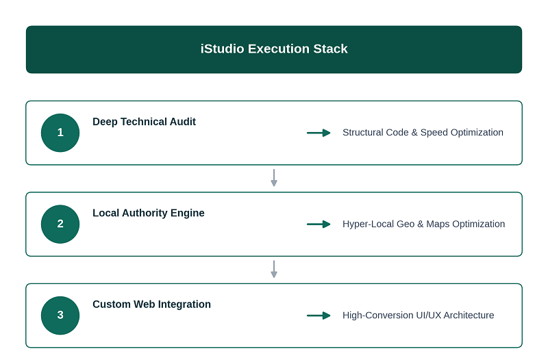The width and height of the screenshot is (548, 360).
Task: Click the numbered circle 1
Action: coord(60,133)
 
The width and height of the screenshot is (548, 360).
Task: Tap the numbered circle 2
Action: coord(60,224)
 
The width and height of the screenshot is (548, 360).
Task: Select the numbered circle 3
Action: coord(60,316)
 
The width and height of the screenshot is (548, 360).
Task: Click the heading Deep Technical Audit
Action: coord(144,122)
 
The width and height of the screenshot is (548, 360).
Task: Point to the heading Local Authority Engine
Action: coord(149,213)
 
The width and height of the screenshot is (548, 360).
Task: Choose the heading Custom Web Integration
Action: coord(151,304)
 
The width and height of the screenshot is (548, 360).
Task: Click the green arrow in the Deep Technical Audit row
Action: coord(319,133)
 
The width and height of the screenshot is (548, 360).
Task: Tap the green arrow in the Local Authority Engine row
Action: coord(319,224)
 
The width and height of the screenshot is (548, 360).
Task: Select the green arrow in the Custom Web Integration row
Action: coord(319,316)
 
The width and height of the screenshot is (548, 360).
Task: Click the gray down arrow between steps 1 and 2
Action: coord(274,178)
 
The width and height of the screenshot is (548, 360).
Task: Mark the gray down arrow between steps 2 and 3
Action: coord(274,269)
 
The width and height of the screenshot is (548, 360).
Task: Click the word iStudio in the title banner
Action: coord(222,49)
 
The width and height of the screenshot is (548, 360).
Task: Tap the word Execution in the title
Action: coord(279,49)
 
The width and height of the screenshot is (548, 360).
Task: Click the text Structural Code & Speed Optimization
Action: coord(423,133)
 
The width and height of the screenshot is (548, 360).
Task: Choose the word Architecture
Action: coord(469,316)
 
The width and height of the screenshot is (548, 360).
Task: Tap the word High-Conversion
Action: coord(378,316)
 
